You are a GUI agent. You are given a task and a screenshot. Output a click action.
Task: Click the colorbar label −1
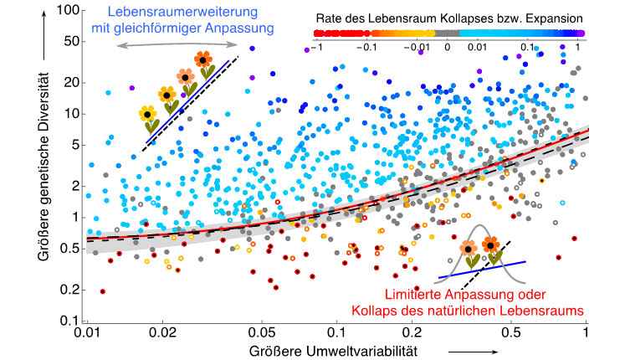(x=315, y=48)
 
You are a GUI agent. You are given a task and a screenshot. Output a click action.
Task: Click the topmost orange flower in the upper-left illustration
(x=203, y=60)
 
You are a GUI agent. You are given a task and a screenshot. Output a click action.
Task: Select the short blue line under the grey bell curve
(x=482, y=270)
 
